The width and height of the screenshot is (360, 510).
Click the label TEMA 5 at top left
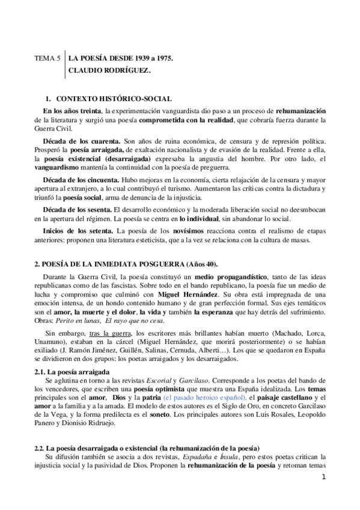click(x=47, y=58)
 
